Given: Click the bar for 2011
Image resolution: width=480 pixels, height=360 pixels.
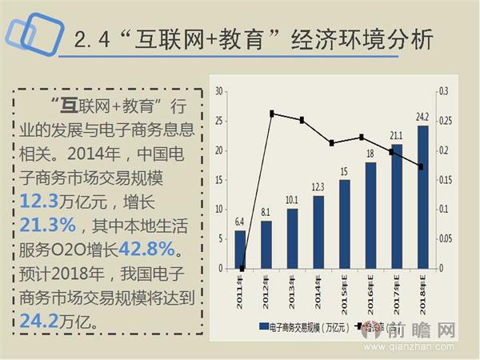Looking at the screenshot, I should (240, 250).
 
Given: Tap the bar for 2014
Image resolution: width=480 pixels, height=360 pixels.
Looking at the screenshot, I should (318, 232).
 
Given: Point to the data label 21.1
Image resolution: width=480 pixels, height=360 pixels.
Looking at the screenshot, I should (397, 135).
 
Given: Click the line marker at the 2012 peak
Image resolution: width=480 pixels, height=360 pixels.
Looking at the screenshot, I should (272, 114).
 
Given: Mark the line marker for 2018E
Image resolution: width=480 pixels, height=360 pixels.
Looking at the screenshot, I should (422, 166).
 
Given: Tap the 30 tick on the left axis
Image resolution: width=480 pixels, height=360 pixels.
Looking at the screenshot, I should (218, 93).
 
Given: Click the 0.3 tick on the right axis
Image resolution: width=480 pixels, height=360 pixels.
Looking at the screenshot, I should (444, 93).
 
